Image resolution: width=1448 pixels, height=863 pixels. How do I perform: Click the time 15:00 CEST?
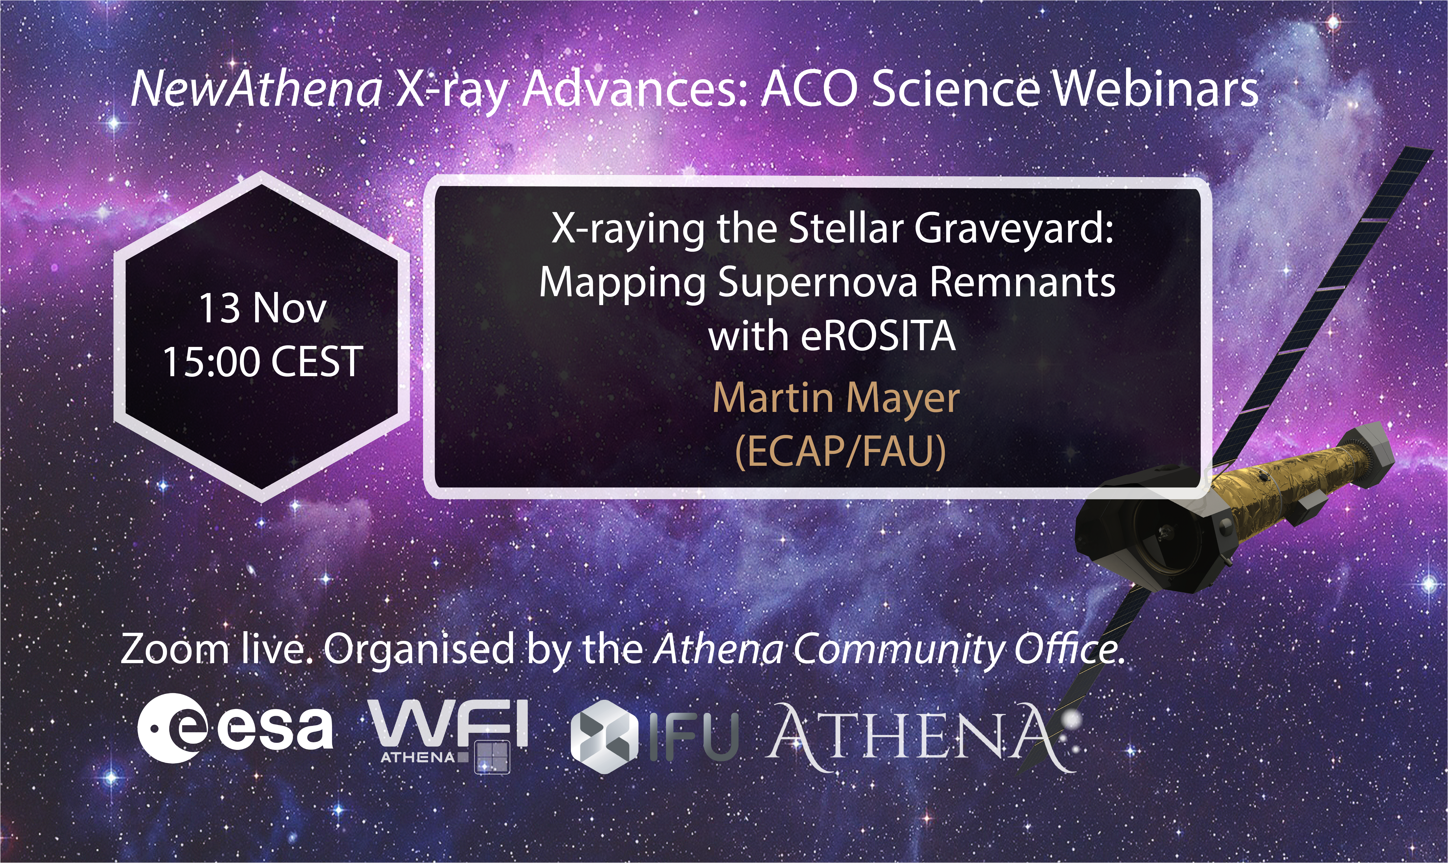pos(263,362)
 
